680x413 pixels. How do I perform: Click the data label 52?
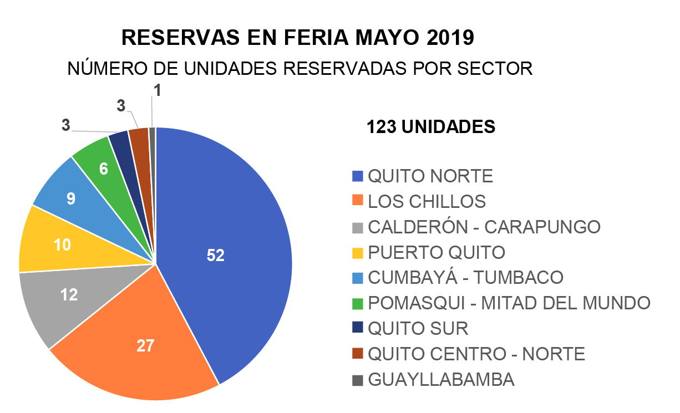click(215, 255)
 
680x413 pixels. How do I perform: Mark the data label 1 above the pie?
click(158, 91)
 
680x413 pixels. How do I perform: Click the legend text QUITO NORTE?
click(430, 176)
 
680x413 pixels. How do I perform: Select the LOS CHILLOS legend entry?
click(427, 202)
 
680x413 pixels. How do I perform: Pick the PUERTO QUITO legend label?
click(437, 253)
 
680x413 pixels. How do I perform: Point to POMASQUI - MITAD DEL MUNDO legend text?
click(509, 303)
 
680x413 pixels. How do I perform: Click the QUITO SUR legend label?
click(418, 329)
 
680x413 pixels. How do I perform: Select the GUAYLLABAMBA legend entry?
click(441, 380)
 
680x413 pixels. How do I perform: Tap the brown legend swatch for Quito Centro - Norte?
click(358, 354)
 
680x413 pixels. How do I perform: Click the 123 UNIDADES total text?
click(430, 127)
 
